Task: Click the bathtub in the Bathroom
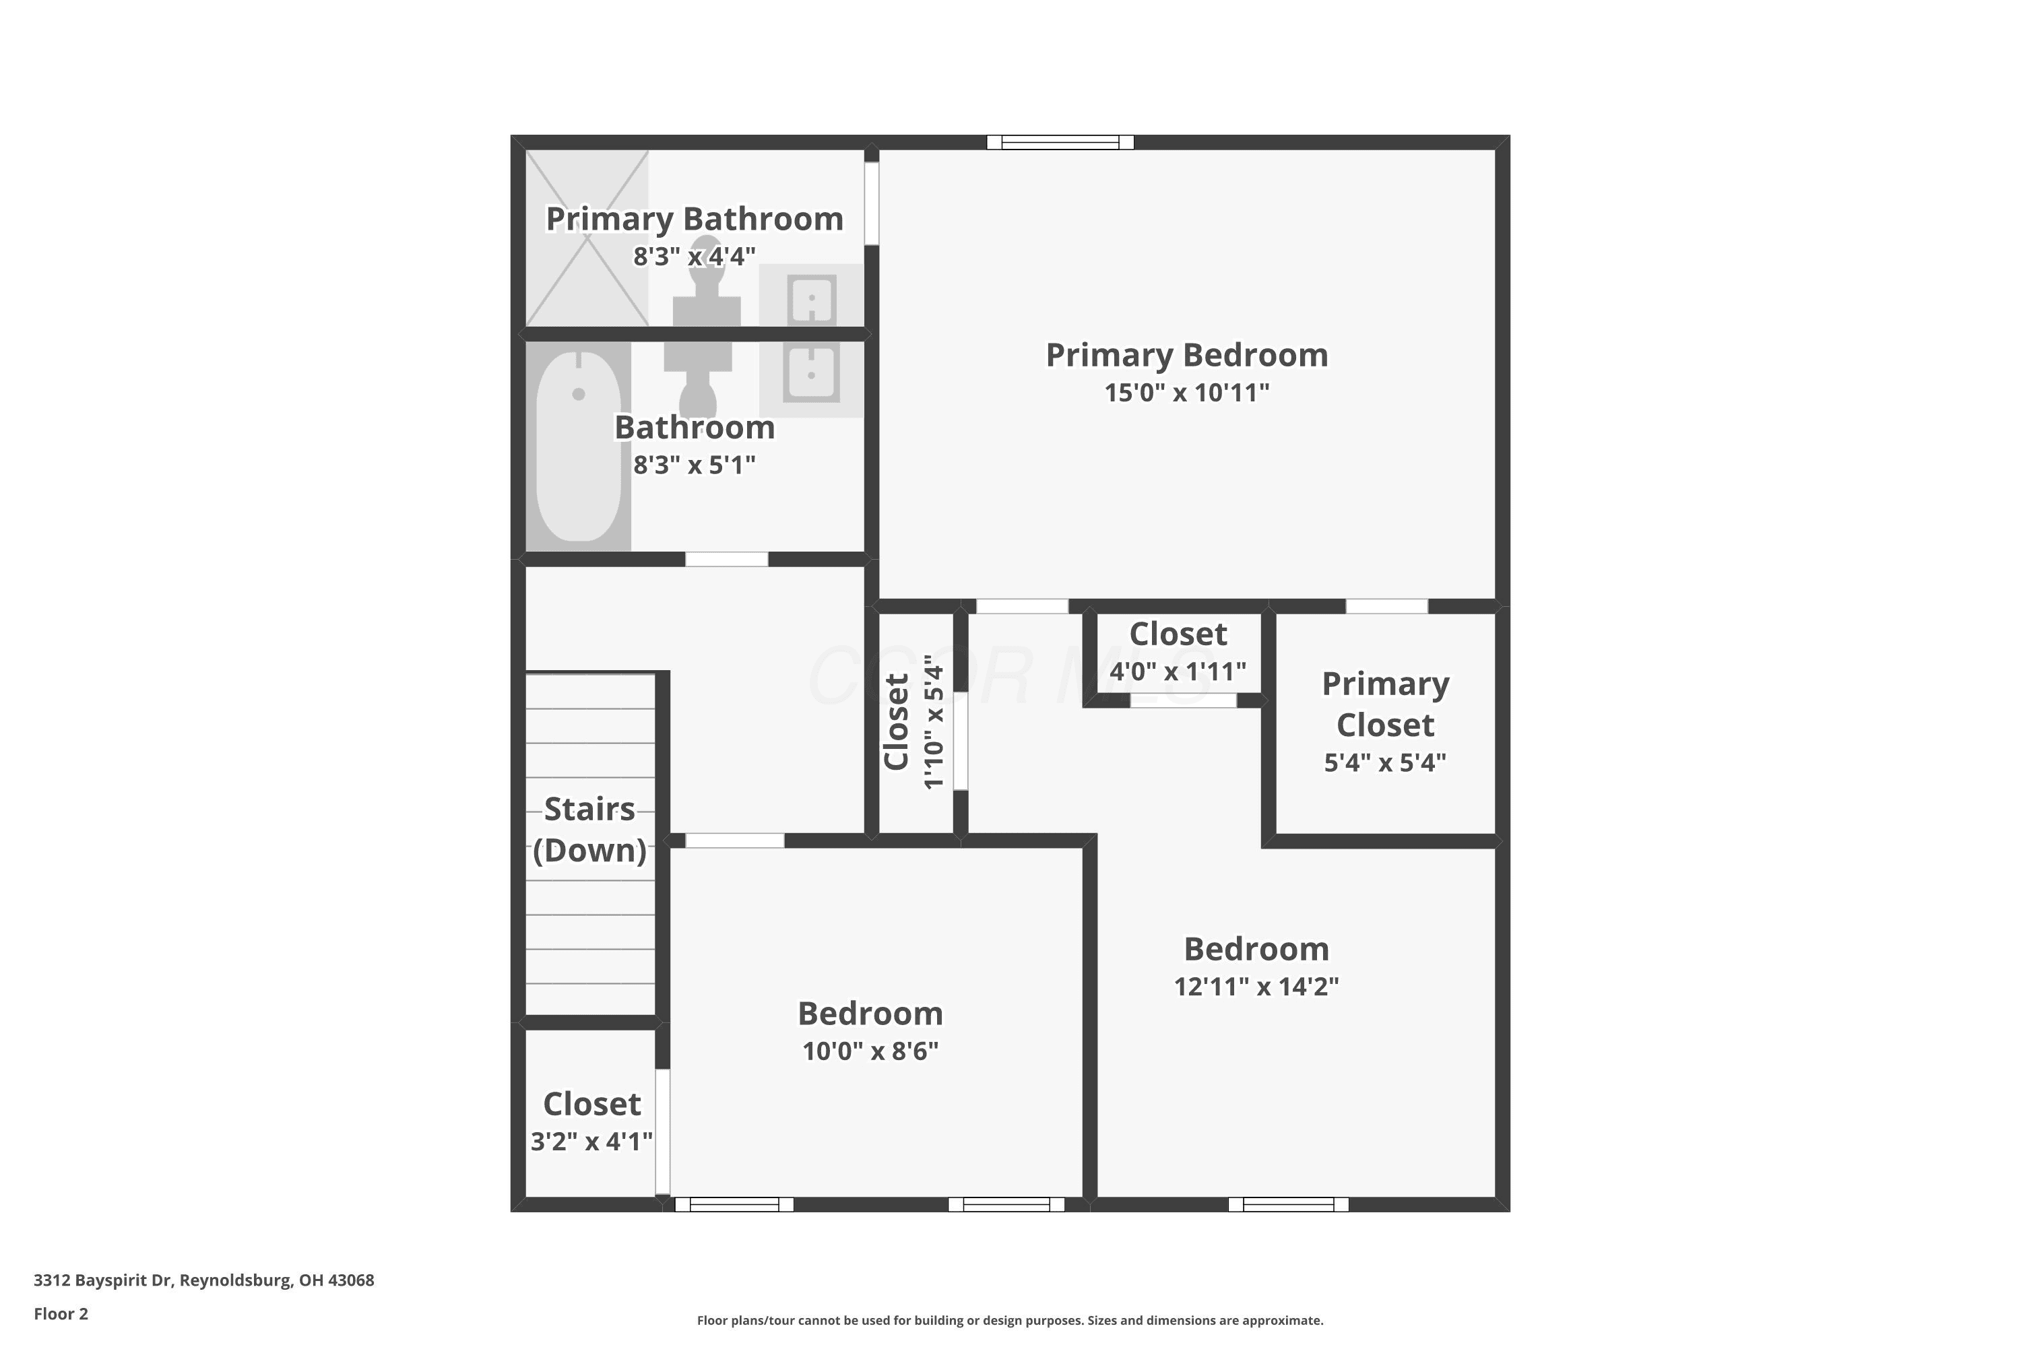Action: point(578,446)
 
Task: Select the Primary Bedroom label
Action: point(1186,355)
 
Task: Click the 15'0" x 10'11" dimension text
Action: point(1186,393)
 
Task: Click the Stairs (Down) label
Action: point(589,829)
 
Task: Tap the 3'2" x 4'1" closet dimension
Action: point(591,1141)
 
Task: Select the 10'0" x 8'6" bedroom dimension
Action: point(870,1051)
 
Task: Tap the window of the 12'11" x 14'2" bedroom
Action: point(1288,1204)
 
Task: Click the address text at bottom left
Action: point(203,1280)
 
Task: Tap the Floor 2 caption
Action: point(61,1313)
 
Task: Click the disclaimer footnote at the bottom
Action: point(1010,1320)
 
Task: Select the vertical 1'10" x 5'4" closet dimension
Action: point(933,721)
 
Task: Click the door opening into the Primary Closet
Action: point(1387,607)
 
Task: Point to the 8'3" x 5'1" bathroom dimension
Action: point(695,465)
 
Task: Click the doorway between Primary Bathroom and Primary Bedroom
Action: point(871,203)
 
